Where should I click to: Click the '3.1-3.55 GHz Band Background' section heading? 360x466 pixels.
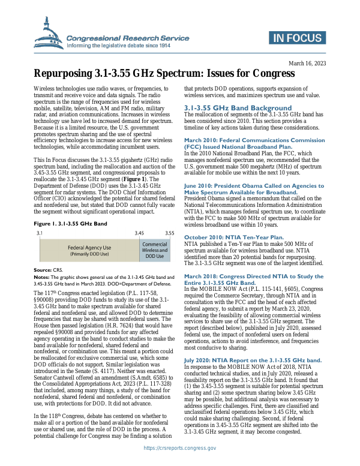[238, 107]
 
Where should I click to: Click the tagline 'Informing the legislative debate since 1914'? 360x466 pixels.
[119, 46]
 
